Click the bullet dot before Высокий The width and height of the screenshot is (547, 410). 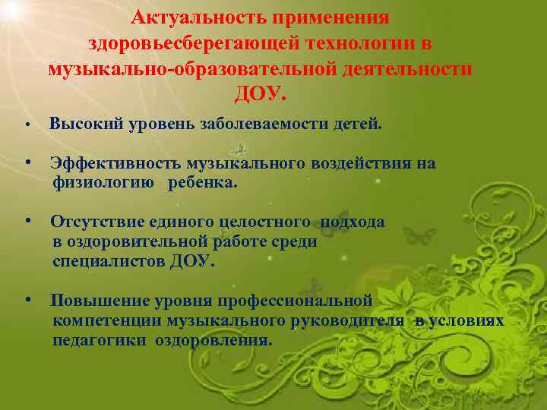[27, 125]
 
